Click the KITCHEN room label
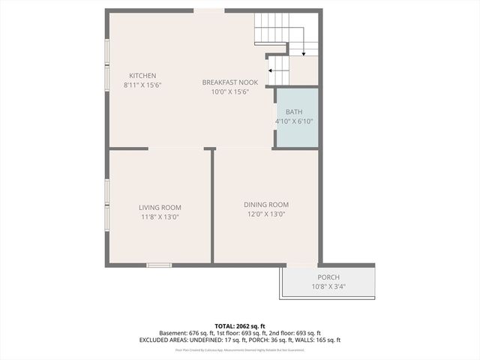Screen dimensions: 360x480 (142, 76)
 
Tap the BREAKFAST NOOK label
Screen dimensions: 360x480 (229, 82)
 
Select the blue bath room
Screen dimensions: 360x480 (296, 118)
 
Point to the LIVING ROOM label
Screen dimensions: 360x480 (160, 208)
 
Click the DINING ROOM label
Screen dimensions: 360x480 (265, 205)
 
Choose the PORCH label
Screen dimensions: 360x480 (328, 277)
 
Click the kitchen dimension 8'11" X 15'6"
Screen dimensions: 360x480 (142, 85)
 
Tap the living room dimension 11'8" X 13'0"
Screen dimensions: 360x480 (160, 217)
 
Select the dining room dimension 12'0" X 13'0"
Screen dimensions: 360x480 (265, 214)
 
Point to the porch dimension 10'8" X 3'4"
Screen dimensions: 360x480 (328, 286)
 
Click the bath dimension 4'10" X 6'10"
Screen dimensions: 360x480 (293, 121)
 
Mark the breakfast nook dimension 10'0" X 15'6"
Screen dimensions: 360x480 (229, 92)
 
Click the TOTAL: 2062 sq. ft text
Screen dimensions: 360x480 (240, 325)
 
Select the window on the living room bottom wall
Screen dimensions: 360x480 (159, 265)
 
